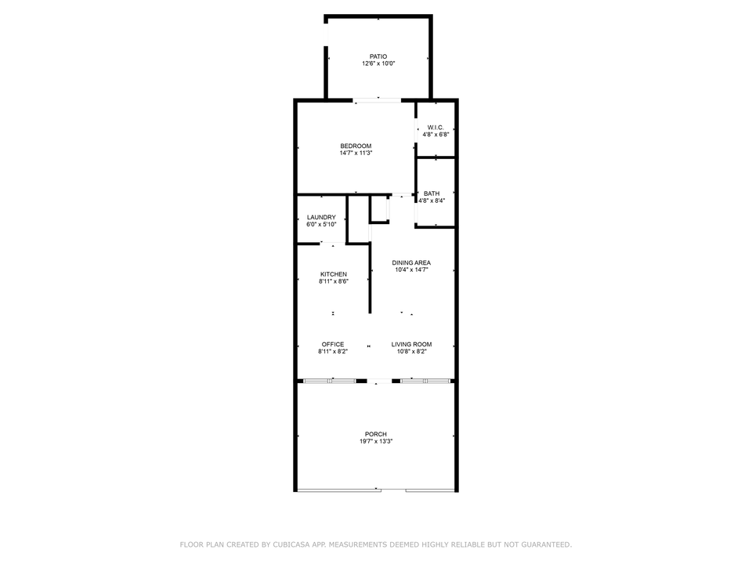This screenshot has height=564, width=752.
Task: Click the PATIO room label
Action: click(x=378, y=56)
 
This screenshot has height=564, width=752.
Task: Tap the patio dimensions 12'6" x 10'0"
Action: click(x=378, y=63)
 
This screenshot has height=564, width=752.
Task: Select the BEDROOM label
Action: click(x=356, y=146)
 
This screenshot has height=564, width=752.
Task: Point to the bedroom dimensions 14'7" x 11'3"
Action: click(x=356, y=153)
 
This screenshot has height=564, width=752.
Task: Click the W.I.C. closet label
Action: click(x=436, y=128)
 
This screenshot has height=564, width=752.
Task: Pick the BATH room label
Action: click(x=432, y=193)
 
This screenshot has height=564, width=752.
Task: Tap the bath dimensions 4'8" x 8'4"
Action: click(x=432, y=201)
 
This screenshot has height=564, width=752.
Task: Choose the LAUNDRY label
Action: click(x=321, y=217)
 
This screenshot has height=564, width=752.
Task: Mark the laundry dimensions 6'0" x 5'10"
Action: click(x=321, y=225)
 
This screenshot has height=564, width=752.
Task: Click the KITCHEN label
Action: click(x=334, y=274)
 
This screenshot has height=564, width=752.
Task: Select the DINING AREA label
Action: click(x=411, y=263)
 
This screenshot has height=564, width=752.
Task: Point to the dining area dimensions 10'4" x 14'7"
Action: click(x=411, y=270)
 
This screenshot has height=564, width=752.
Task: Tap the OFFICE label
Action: click(x=333, y=345)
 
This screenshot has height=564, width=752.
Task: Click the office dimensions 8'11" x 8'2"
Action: click(x=333, y=352)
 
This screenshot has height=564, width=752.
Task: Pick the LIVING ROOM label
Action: click(x=411, y=345)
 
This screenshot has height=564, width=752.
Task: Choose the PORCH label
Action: click(x=375, y=435)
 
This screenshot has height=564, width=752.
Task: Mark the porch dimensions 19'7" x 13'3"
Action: click(x=376, y=441)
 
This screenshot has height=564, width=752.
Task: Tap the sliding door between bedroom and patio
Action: click(x=378, y=100)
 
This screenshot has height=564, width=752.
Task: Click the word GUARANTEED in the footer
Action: click(x=546, y=545)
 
